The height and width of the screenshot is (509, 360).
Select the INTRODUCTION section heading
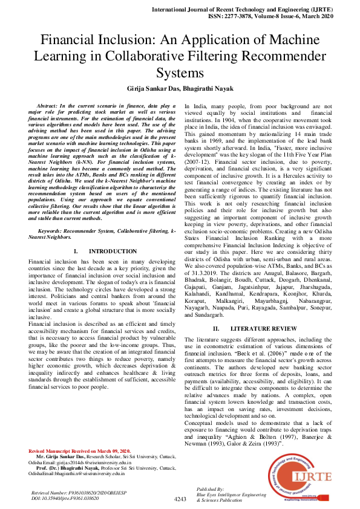113,251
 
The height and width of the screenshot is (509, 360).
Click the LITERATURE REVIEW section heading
259,328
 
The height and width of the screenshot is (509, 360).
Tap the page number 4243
180,499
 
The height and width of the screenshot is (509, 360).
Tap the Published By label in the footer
211,488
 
